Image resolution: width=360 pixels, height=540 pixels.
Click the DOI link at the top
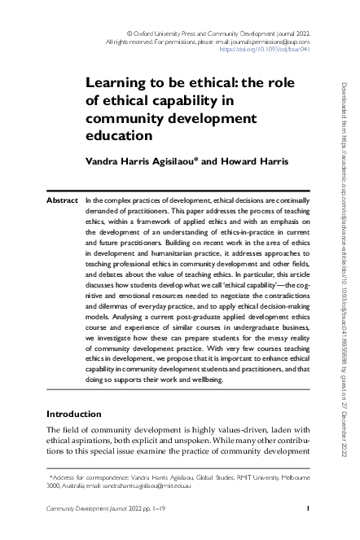point(265,48)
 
